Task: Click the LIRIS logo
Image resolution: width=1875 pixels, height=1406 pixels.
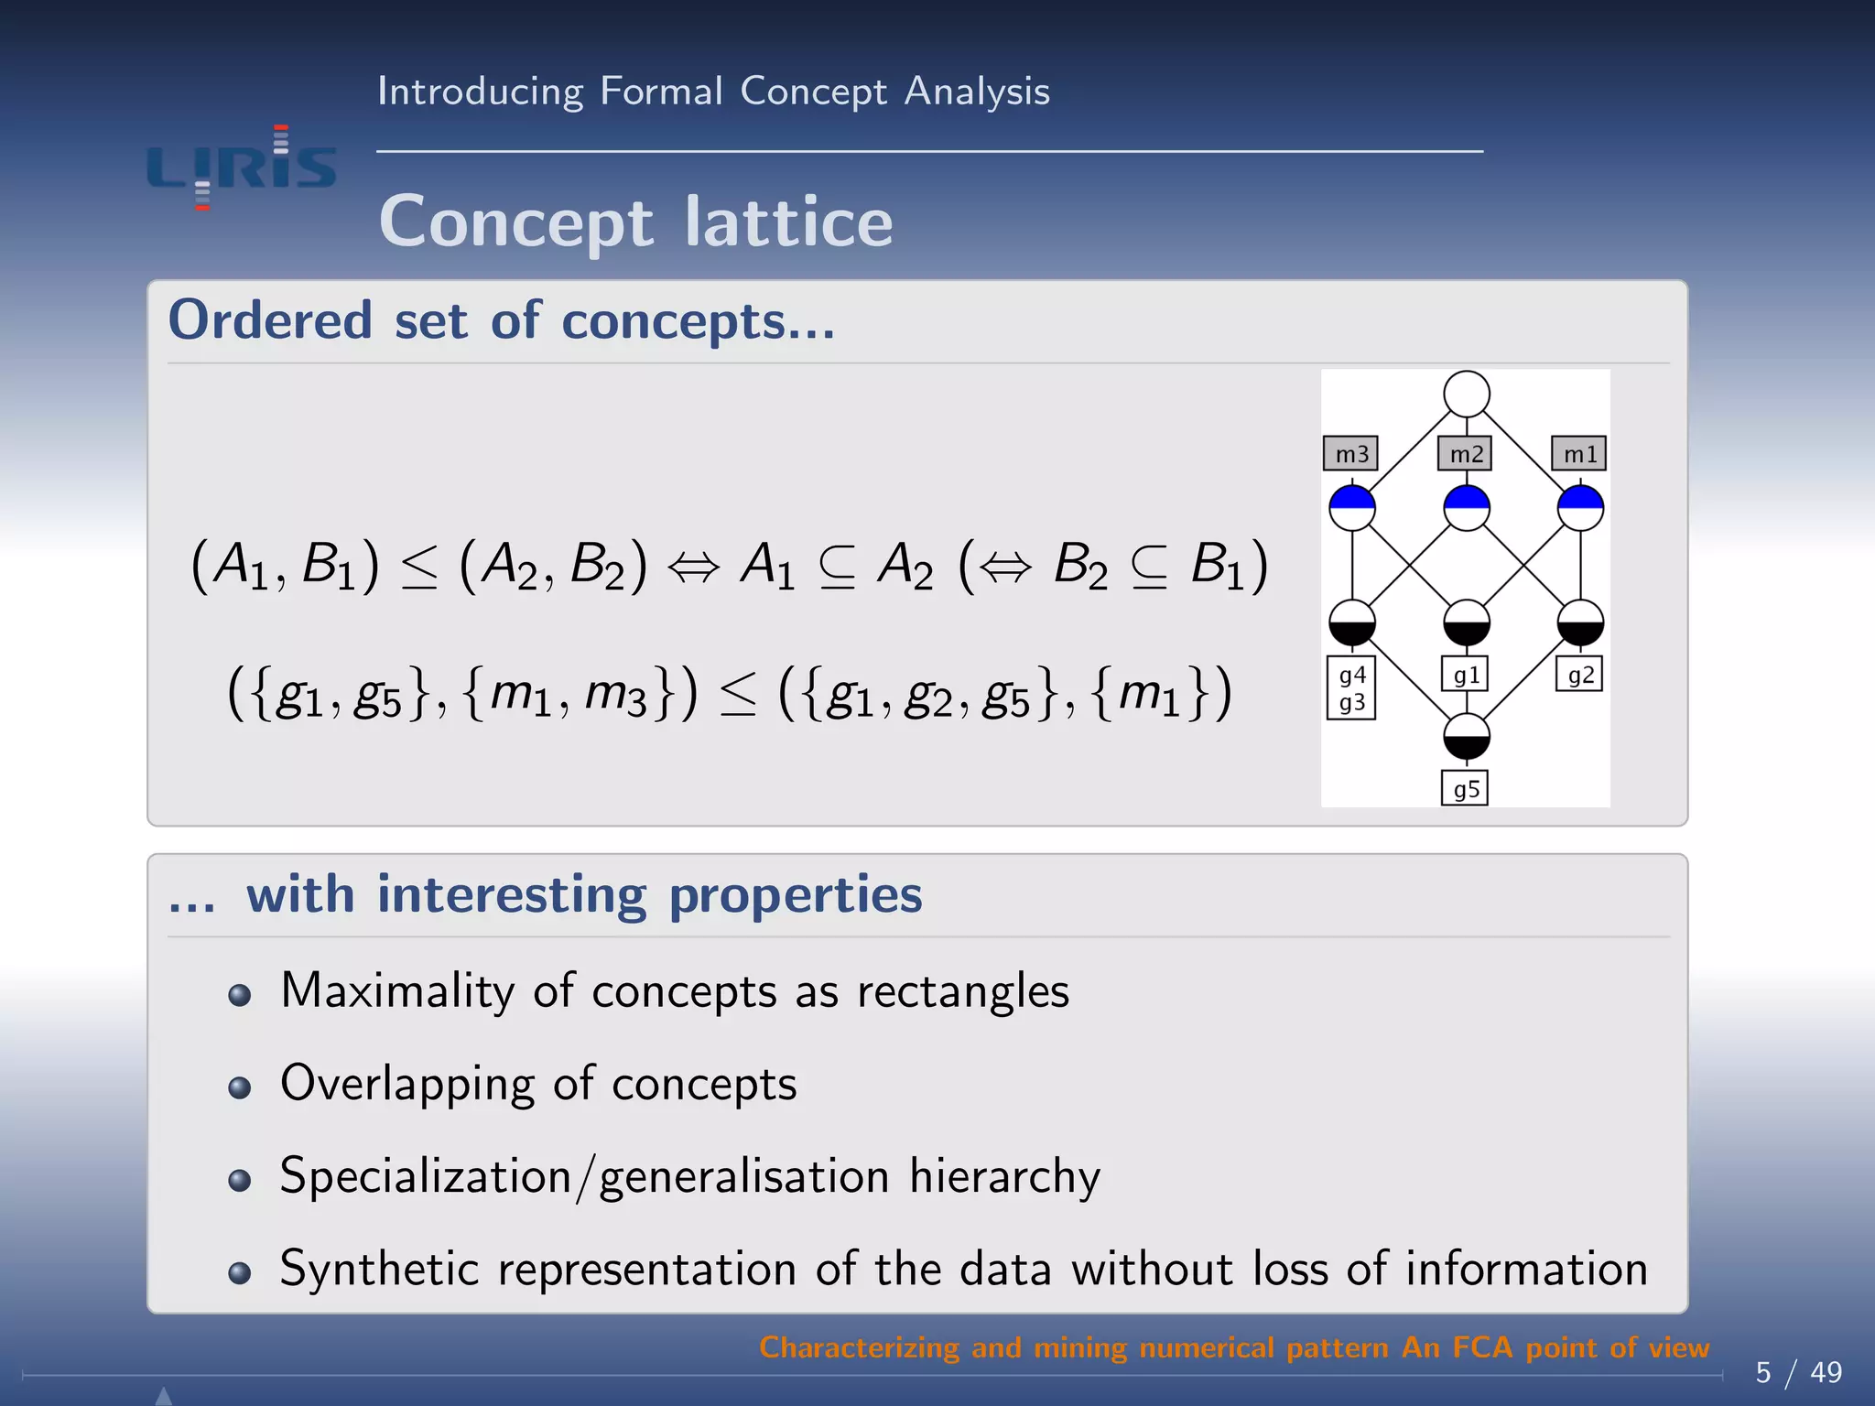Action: point(242,168)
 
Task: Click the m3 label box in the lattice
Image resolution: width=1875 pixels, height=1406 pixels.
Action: point(1351,454)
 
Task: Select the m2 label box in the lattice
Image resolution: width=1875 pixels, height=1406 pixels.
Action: point(1465,454)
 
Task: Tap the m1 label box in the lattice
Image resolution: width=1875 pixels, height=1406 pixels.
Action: point(1579,454)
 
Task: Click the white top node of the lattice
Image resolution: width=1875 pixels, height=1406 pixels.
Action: point(1466,395)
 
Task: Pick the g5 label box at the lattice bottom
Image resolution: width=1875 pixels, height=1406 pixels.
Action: point(1465,789)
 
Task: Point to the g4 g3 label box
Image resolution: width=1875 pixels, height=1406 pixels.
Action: point(1351,688)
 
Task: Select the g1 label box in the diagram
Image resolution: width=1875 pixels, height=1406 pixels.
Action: point(1465,676)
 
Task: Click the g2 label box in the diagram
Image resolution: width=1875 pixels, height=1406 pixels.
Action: point(1579,676)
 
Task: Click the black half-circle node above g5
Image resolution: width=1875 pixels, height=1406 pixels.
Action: point(1466,737)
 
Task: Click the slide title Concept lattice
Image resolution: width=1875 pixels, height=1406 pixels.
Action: point(635,222)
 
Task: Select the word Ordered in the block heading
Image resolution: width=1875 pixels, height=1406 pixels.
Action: point(270,321)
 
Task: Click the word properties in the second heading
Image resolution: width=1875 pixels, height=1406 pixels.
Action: point(795,894)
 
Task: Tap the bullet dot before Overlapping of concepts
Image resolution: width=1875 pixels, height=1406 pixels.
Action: point(240,1087)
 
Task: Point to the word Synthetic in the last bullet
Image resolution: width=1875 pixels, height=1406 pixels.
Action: point(379,1270)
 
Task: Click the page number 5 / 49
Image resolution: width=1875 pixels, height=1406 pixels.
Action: point(1798,1372)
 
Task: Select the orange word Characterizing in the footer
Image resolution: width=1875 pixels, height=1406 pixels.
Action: point(859,1347)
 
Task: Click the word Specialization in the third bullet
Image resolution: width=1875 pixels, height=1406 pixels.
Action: point(426,1176)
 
